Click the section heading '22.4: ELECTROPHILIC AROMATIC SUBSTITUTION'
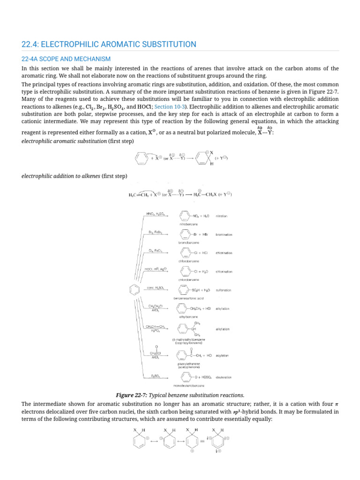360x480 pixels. pyautogui.click(x=109, y=45)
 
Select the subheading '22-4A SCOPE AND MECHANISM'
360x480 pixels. pyautogui.click(x=66, y=59)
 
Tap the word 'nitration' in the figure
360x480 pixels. pyautogui.click(x=222, y=216)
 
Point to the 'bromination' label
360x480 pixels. pyautogui.click(x=224, y=234)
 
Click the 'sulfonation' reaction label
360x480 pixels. pyautogui.click(x=224, y=290)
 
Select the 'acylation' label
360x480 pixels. pyautogui.click(x=223, y=356)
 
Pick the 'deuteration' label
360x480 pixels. pyautogui.click(x=224, y=377)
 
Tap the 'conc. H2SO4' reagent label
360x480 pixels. pyautogui.click(x=155, y=287)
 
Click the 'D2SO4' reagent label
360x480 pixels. pyautogui.click(x=156, y=375)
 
